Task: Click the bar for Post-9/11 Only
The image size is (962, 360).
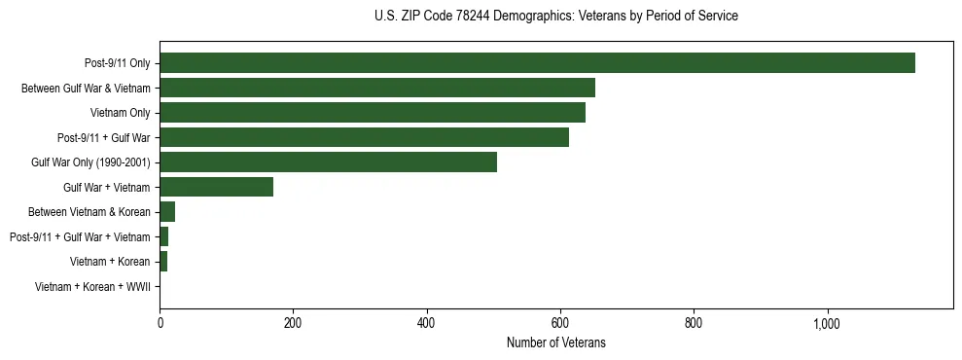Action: (x=537, y=63)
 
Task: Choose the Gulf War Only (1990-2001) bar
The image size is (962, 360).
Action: (x=328, y=162)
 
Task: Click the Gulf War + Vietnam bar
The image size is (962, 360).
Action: (x=216, y=187)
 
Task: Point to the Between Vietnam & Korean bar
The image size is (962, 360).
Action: (x=167, y=212)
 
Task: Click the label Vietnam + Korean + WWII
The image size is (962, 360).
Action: (x=92, y=287)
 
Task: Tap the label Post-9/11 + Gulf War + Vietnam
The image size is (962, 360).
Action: (x=80, y=237)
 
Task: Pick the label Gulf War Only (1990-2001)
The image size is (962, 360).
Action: (x=90, y=162)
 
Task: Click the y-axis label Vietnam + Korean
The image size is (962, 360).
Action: (x=110, y=262)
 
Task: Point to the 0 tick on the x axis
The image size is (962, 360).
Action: (x=160, y=322)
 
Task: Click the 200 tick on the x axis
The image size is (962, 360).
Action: (x=293, y=322)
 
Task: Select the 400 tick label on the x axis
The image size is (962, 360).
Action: (x=427, y=322)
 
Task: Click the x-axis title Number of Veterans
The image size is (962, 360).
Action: (x=555, y=342)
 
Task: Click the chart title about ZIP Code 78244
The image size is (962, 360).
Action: (x=555, y=17)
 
